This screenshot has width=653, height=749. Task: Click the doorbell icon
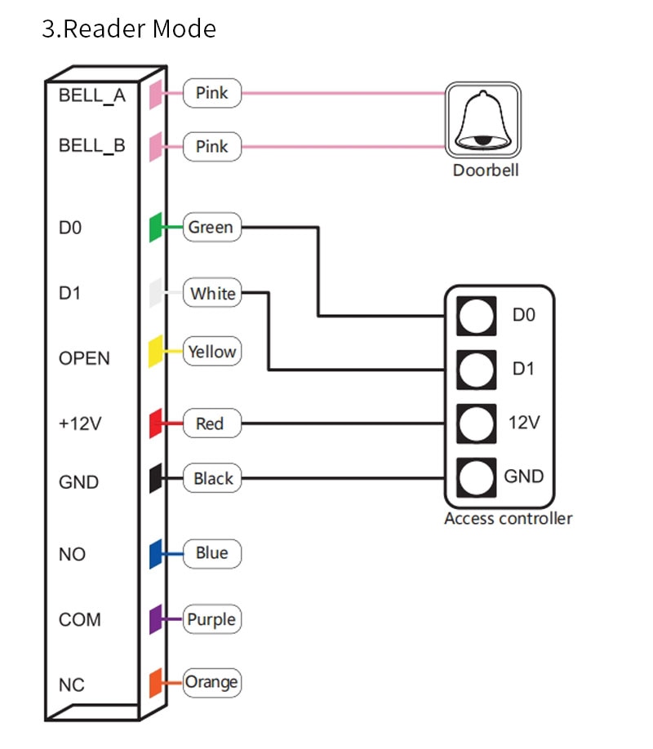483,120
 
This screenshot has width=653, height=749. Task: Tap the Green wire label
211,228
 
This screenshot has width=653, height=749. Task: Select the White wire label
211,292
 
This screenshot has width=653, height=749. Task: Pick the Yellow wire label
211,352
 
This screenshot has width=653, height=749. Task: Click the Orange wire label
211,683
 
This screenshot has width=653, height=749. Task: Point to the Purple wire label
211,619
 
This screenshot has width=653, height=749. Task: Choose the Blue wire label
211,554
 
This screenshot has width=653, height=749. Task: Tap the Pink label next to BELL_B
211,147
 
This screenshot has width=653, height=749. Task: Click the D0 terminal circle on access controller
476,316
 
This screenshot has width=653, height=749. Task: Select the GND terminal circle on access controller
476,477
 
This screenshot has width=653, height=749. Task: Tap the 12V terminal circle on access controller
476,423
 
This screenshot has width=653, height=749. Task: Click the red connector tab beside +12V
155,423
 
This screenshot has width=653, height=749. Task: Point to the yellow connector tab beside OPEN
155,352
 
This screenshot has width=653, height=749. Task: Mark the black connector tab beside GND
155,477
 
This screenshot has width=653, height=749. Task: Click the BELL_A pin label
91,95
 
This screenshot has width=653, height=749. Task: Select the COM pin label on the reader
80,619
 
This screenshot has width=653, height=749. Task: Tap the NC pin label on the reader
72,685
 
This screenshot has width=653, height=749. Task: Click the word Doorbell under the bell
486,170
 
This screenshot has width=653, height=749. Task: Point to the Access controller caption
509,518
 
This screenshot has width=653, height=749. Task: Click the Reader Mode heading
129,29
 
